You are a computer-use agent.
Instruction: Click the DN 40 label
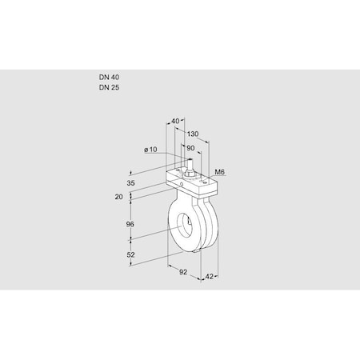110,77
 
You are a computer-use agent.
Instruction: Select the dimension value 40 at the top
177,122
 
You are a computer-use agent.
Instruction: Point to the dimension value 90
190,148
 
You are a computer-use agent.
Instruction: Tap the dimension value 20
119,197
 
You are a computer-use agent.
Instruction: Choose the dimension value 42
210,277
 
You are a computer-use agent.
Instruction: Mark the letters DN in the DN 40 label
103,77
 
